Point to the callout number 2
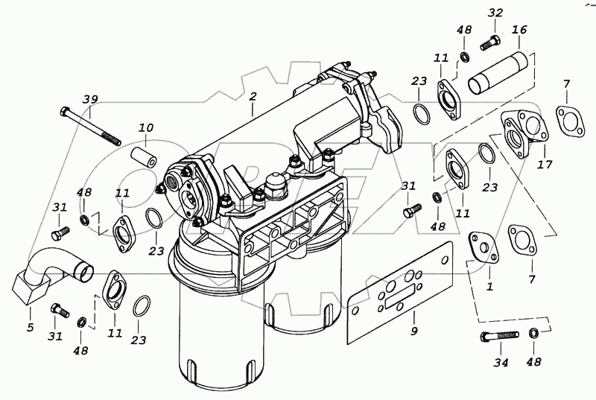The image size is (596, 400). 253,97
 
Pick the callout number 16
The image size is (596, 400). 519,31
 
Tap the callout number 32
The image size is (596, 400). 495,13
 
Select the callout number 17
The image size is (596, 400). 545,164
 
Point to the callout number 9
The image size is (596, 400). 415,331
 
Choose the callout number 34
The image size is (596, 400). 501,363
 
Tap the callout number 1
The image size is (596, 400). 489,285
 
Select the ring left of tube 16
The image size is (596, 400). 421,113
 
